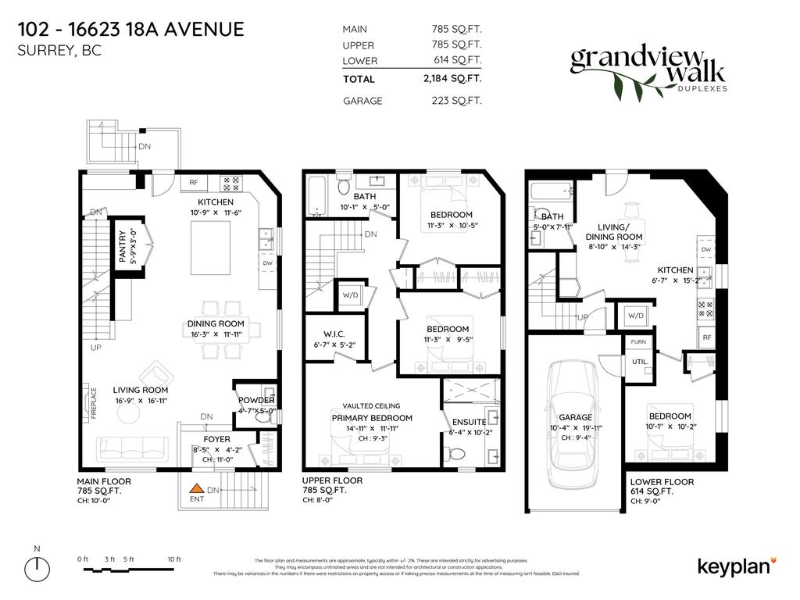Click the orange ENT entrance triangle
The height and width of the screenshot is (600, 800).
click(x=195, y=492)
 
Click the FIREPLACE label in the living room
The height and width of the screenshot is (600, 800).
click(x=92, y=404)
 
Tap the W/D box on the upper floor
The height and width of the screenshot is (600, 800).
click(x=349, y=295)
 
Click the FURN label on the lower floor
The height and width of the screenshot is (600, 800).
click(x=638, y=342)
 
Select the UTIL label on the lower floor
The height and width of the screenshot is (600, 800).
click(x=638, y=362)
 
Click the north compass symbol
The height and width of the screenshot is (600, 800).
click(x=37, y=566)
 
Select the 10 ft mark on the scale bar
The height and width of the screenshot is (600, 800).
click(x=173, y=559)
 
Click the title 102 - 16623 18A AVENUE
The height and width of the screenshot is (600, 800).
click(x=130, y=30)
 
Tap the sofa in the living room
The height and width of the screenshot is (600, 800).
click(x=131, y=449)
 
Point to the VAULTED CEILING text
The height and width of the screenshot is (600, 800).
click(x=371, y=406)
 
